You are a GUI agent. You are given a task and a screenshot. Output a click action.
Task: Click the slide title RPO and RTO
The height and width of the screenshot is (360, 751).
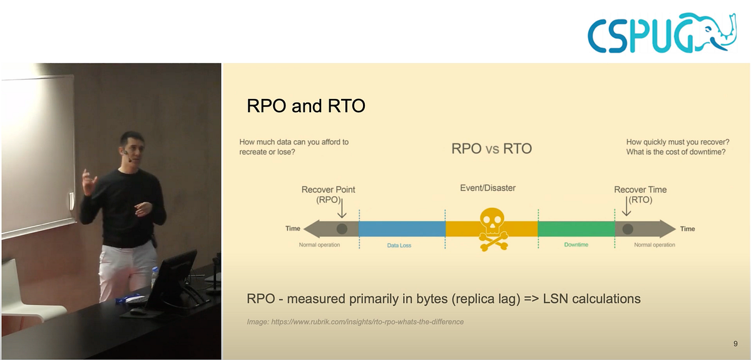pyautogui.click(x=306, y=106)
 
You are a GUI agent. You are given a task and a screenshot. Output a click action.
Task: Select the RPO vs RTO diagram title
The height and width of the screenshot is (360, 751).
pyautogui.click(x=491, y=148)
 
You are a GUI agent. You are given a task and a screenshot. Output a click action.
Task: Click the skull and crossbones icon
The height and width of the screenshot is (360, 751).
pyautogui.click(x=493, y=230)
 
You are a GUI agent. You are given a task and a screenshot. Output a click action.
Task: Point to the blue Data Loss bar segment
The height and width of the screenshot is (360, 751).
pyautogui.click(x=402, y=229)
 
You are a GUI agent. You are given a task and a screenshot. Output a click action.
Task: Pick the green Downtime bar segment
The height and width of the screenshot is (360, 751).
pyautogui.click(x=576, y=229)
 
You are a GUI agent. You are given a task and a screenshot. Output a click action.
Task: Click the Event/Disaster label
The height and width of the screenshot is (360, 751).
pyautogui.click(x=488, y=188)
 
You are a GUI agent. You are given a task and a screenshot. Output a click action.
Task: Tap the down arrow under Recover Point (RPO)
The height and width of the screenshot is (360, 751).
pyautogui.click(x=342, y=208)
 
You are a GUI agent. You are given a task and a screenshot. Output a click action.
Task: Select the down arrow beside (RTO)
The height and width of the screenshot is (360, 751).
pyautogui.click(x=626, y=206)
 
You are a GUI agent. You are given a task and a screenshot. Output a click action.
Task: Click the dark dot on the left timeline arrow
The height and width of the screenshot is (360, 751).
pyautogui.click(x=342, y=229)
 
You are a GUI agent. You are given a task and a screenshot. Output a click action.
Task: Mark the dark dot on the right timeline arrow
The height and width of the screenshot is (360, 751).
pyautogui.click(x=628, y=229)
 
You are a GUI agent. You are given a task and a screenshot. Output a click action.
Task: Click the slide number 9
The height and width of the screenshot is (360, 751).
pyautogui.click(x=735, y=344)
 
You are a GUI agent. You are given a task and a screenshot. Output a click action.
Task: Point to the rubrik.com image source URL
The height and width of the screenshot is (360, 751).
pyautogui.click(x=367, y=322)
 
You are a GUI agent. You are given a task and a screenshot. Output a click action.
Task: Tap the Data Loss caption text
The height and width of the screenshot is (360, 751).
pyautogui.click(x=399, y=245)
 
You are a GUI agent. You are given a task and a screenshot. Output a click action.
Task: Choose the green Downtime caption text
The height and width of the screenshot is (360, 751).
pyautogui.click(x=576, y=245)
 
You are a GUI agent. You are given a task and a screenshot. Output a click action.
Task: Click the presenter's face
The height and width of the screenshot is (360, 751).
pyautogui.click(x=135, y=149)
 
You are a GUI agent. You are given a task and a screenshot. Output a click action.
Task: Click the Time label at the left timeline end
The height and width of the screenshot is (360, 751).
pyautogui.click(x=293, y=229)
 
